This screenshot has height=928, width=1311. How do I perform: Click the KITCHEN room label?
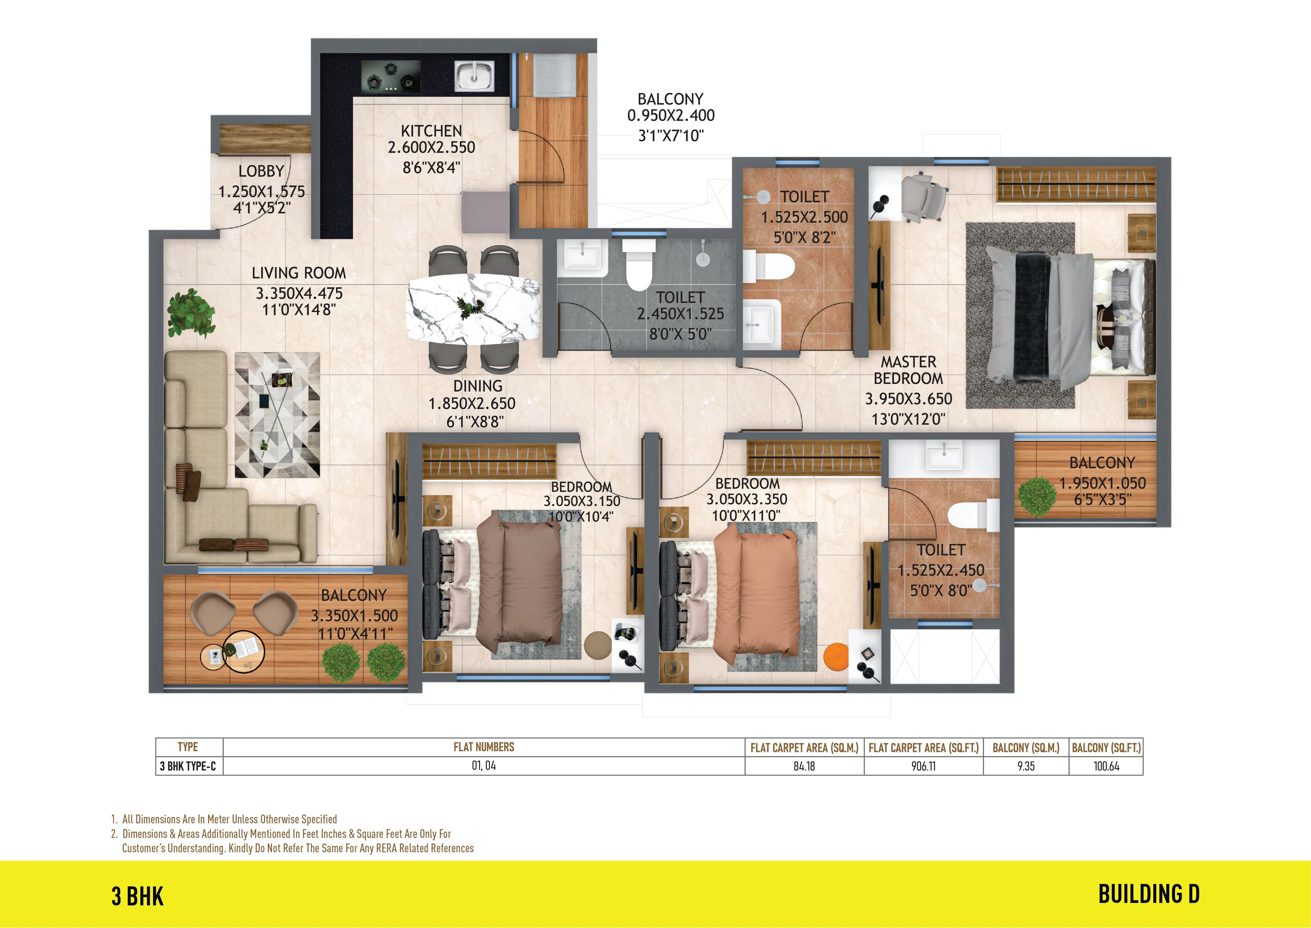(431, 131)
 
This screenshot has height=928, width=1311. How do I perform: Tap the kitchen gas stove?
(391, 77)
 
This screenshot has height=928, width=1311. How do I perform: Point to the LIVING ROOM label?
(299, 273)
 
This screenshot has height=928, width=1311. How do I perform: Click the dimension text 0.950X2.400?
(671, 115)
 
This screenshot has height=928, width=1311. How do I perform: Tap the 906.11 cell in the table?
(923, 766)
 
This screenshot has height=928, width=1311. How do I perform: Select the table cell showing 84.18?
(804, 766)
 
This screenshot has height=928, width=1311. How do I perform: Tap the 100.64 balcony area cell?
(1106, 766)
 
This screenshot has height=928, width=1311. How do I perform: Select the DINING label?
(478, 386)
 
